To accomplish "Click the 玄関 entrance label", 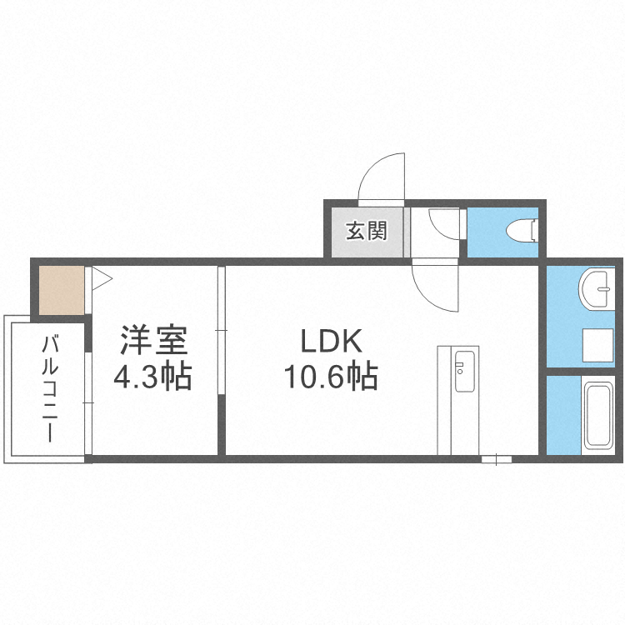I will tap(367, 230).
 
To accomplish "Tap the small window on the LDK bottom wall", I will tap(497, 457).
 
